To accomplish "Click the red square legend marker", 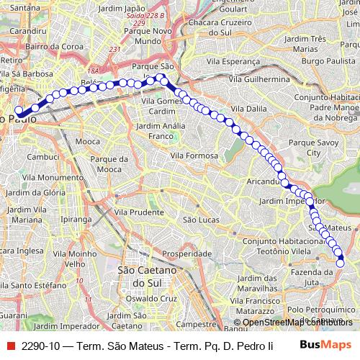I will [9, 345].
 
